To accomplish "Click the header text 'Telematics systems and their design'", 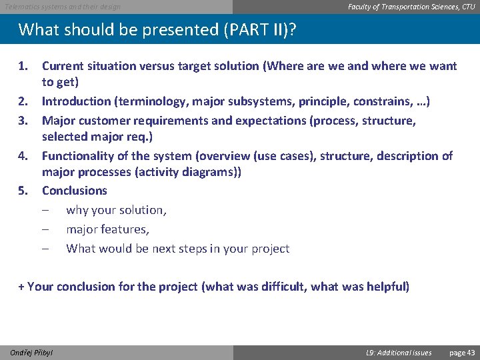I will (x=63, y=7).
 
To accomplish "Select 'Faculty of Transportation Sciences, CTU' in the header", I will (x=411, y=7).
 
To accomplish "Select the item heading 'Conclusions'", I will (x=74, y=191).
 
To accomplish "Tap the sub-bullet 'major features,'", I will (x=107, y=229).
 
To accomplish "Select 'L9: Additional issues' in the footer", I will (x=399, y=353).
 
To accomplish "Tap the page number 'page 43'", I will (x=462, y=353).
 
